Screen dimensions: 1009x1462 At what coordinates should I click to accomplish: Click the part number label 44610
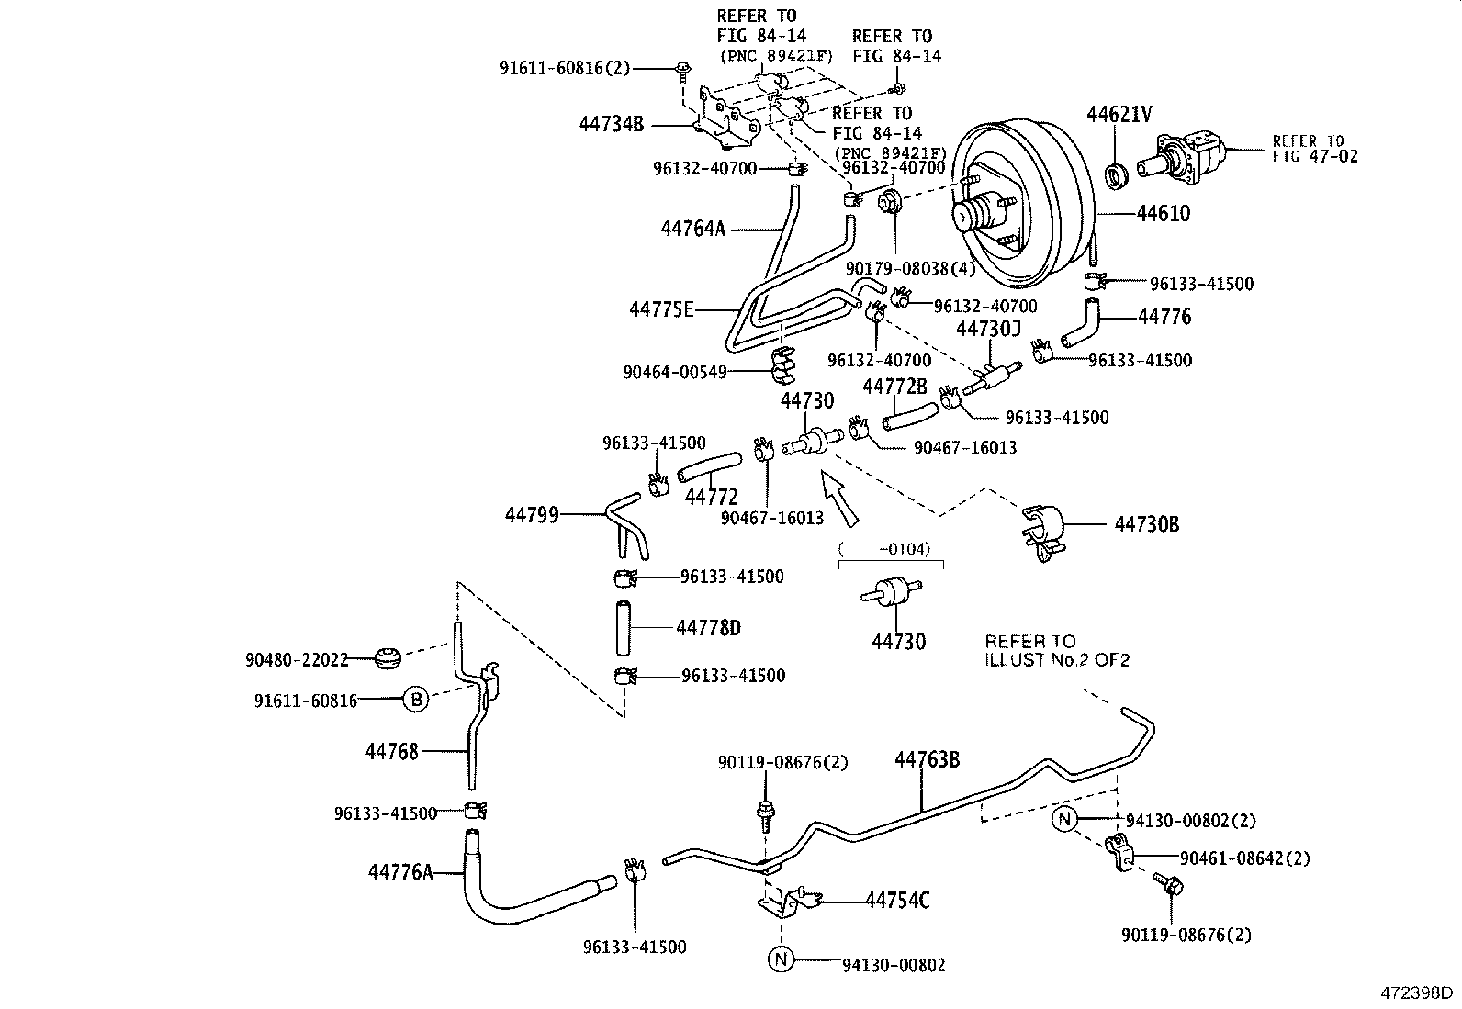(x=1163, y=213)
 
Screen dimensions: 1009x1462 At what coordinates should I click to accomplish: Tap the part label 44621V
(x=1119, y=114)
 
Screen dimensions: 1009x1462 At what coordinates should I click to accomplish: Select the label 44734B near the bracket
(x=612, y=123)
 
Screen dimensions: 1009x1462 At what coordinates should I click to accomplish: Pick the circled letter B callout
(x=415, y=701)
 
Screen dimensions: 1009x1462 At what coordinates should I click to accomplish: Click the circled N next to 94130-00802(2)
(x=1063, y=819)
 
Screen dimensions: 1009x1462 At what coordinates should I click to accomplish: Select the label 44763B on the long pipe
(x=928, y=759)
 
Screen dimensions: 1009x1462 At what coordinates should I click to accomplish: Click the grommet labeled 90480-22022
(x=388, y=658)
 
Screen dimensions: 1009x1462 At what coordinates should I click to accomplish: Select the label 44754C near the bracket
(x=897, y=901)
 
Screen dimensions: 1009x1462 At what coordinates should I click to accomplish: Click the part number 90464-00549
(x=675, y=372)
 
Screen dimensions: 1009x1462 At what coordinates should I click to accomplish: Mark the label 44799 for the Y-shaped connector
(x=532, y=515)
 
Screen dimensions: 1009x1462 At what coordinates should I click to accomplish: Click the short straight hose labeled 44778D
(x=624, y=627)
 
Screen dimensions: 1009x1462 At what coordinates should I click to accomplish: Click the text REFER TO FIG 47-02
(x=1314, y=149)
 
